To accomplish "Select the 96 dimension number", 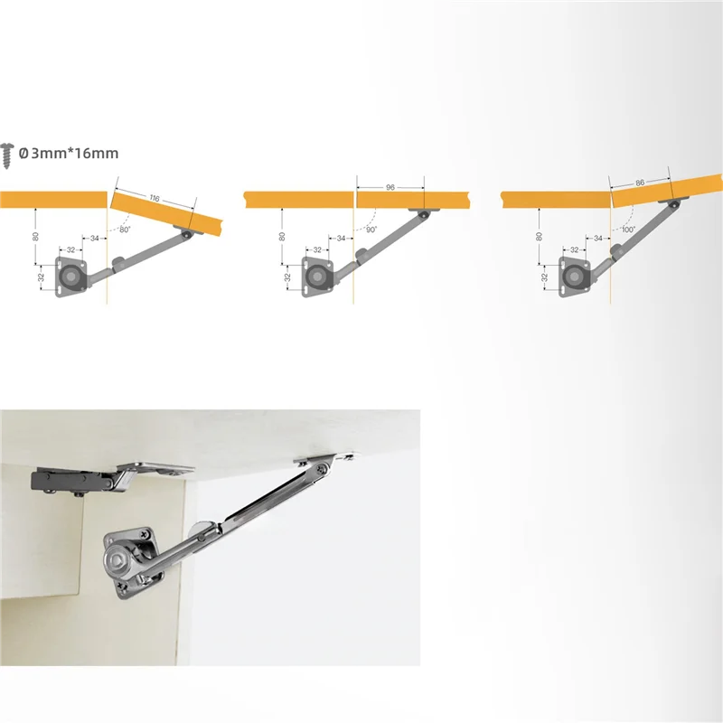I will pyautogui.click(x=390, y=187).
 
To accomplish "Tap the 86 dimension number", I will pyautogui.click(x=640, y=182).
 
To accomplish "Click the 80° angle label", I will pyautogui.click(x=125, y=230).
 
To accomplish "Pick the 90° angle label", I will pyautogui.click(x=371, y=230).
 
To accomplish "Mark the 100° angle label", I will pyautogui.click(x=628, y=230).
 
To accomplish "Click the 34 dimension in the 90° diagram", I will pyautogui.click(x=341, y=238).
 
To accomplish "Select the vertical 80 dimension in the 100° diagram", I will pyautogui.click(x=539, y=237).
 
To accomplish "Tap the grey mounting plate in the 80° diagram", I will pyautogui.click(x=71, y=275).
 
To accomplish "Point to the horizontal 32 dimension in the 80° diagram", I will pyautogui.click(x=69, y=249).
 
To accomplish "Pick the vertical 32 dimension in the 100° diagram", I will pyautogui.click(x=545, y=276).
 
